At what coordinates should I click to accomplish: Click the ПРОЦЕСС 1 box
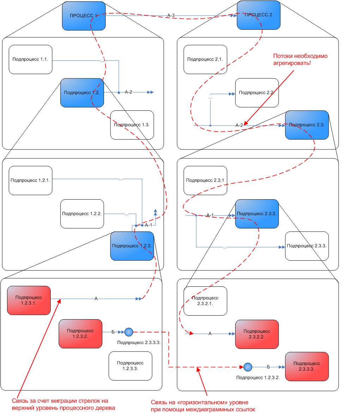click(84, 16)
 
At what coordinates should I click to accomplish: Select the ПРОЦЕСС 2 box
click(258, 15)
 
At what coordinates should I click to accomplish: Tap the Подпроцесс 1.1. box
click(30, 59)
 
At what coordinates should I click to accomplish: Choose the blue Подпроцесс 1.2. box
click(82, 93)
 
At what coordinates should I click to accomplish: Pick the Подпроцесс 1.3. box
click(132, 125)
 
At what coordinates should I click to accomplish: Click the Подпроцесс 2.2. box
click(257, 93)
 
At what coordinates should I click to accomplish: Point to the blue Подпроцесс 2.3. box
click(307, 125)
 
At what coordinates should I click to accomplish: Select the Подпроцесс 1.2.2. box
click(82, 214)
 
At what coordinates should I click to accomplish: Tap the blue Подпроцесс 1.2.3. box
click(132, 246)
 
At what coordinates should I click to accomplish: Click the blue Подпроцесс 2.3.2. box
click(257, 214)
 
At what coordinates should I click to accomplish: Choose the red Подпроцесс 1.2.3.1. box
click(29, 300)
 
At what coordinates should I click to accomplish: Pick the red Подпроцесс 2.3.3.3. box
click(307, 366)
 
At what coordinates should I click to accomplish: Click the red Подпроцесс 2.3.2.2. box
click(257, 334)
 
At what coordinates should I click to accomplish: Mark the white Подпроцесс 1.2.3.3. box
click(130, 366)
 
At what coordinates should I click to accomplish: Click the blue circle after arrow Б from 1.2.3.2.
click(129, 332)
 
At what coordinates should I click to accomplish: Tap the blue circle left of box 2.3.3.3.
click(248, 367)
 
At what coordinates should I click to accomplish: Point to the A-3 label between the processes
click(171, 15)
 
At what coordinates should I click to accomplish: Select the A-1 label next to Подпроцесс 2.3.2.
click(210, 215)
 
